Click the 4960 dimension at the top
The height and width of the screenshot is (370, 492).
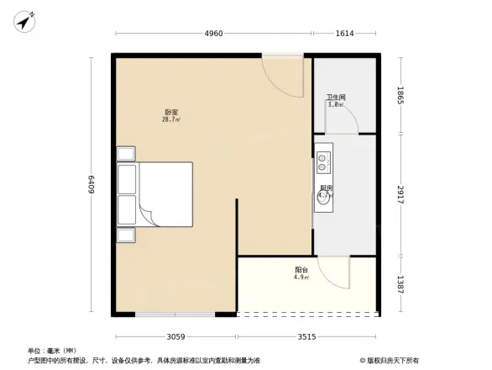(x=213, y=34)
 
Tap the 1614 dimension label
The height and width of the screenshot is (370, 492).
(x=345, y=34)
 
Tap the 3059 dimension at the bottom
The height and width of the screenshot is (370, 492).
(x=175, y=337)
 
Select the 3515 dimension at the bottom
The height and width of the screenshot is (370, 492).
(x=306, y=337)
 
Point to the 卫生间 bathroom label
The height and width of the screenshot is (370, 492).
(x=336, y=99)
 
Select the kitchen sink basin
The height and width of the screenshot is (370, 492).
(x=323, y=198)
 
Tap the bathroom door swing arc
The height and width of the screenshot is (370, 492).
(x=343, y=120)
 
